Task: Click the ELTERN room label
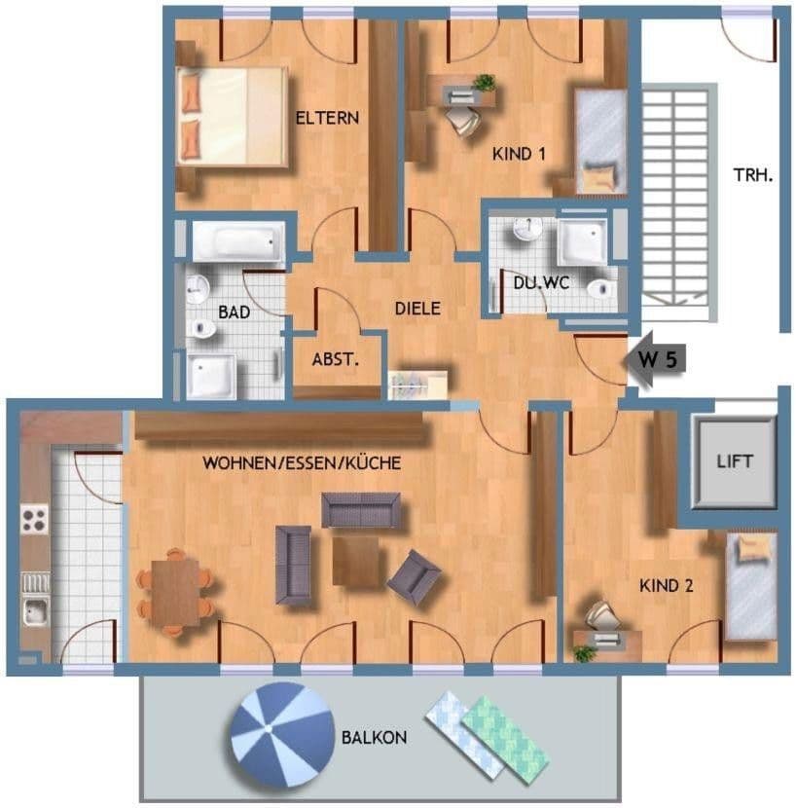tap(327, 119)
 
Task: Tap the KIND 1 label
tap(525, 154)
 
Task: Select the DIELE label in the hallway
tap(417, 309)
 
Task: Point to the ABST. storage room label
tap(336, 358)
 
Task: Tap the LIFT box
tap(735, 461)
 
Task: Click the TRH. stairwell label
tap(753, 176)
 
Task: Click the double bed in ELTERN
tap(233, 116)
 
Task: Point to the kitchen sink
tap(35, 611)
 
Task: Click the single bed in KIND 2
tap(750, 586)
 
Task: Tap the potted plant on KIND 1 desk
tap(484, 84)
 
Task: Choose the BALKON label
tap(374, 737)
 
